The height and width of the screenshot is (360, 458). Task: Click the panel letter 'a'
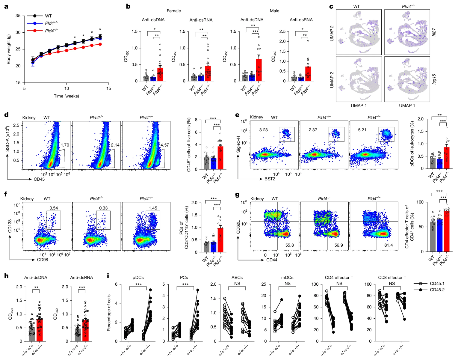pyautogui.click(x=6, y=6)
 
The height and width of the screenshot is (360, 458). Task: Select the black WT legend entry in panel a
pyautogui.click(x=48, y=16)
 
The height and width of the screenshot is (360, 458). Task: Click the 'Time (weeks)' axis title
pyautogui.click(x=66, y=96)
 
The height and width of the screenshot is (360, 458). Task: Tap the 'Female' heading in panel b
pyautogui.click(x=174, y=11)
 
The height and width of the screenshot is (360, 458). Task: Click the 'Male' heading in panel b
pyautogui.click(x=274, y=11)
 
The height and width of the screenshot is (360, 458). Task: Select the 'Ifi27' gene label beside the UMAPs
pyautogui.click(x=434, y=32)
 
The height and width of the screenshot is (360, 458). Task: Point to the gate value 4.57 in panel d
pyautogui.click(x=164, y=145)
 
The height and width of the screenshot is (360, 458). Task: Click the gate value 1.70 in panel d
pyautogui.click(x=65, y=145)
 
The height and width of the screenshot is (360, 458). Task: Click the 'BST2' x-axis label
pyautogui.click(x=270, y=179)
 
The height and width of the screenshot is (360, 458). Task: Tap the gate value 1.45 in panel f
pyautogui.click(x=153, y=208)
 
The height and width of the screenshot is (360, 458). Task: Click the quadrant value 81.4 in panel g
pyautogui.click(x=389, y=245)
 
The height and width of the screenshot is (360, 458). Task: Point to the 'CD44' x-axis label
pyautogui.click(x=272, y=260)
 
